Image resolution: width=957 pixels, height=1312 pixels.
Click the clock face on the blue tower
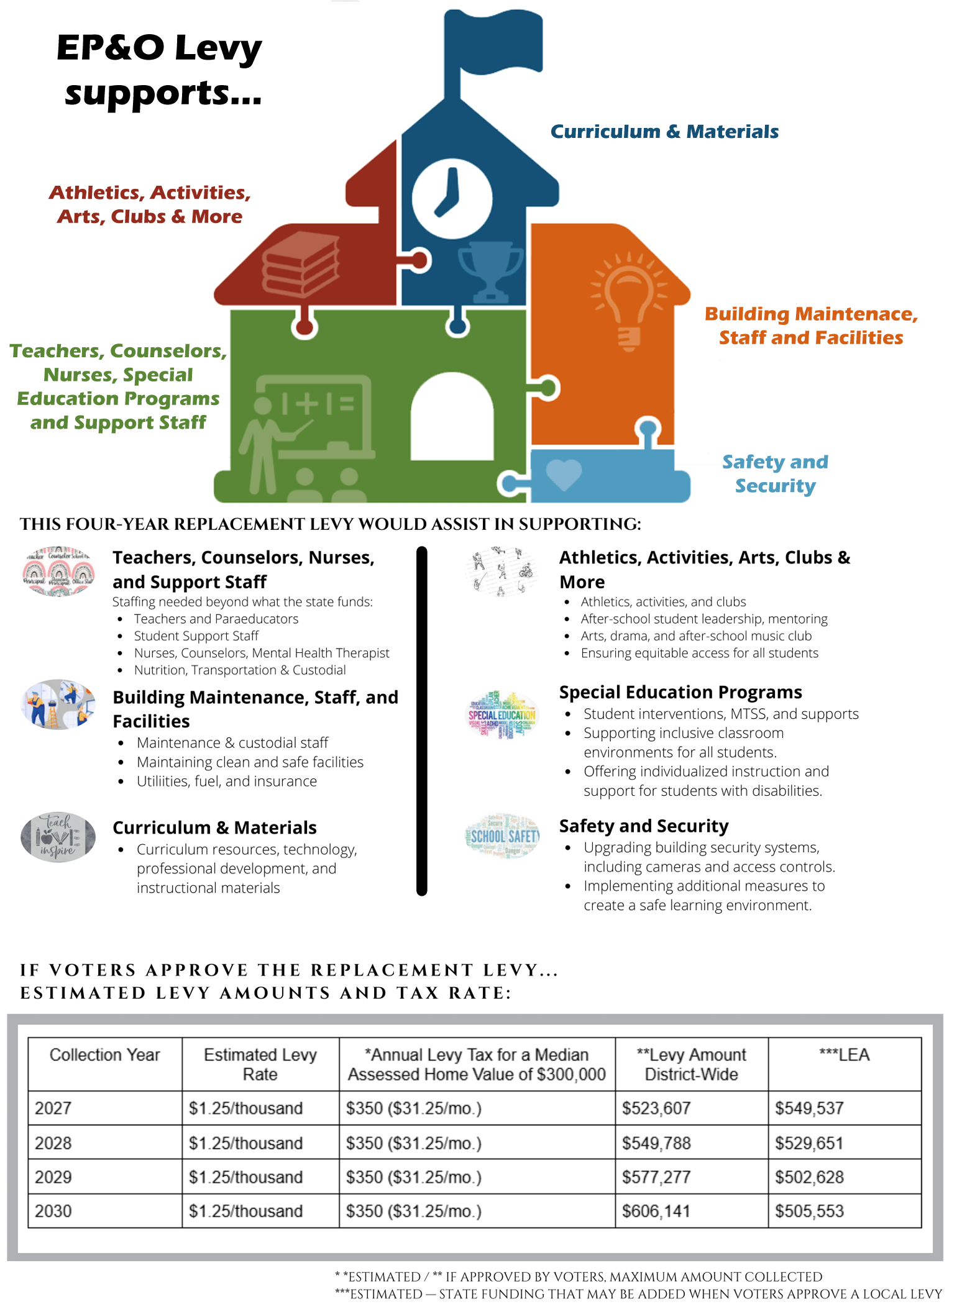click(452, 199)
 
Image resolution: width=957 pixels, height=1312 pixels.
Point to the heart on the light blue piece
click(564, 475)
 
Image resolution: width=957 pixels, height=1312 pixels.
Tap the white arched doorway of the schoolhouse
click(452, 417)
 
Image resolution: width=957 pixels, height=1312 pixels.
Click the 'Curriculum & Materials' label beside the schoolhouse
click(664, 132)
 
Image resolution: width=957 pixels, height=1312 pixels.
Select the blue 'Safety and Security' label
click(775, 473)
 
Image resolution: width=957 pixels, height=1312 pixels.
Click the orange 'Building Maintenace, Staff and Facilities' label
click(811, 326)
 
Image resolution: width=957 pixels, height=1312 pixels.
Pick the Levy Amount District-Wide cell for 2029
click(656, 1177)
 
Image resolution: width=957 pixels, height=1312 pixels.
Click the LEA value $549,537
click(809, 1108)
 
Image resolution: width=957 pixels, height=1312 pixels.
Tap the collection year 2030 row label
click(53, 1211)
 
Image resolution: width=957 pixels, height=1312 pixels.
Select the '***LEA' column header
click(844, 1055)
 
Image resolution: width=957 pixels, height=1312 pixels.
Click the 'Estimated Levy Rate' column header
click(260, 1064)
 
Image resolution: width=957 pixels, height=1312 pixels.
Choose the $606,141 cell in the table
click(656, 1211)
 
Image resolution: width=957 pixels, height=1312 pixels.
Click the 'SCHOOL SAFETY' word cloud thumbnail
click(503, 836)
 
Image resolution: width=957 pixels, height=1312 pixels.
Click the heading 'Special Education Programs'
click(680, 692)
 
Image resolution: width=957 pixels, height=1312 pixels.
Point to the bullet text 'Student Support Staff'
click(196, 636)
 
